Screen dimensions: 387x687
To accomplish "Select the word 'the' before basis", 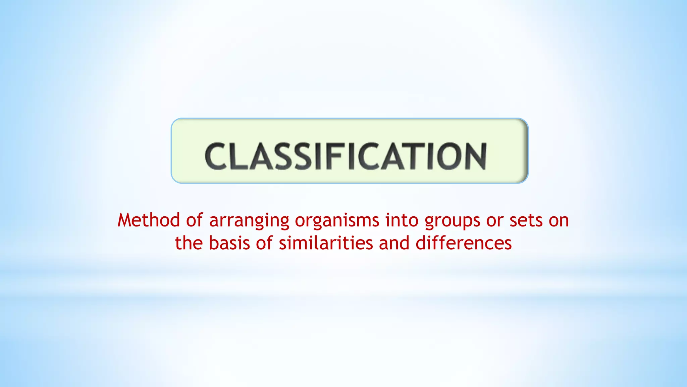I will click(x=189, y=243).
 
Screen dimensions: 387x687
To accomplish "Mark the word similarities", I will click(x=326, y=243).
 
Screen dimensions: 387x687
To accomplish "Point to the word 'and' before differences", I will click(x=394, y=243).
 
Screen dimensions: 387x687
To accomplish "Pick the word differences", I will click(x=464, y=243).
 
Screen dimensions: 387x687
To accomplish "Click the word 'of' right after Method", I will click(x=195, y=220).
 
